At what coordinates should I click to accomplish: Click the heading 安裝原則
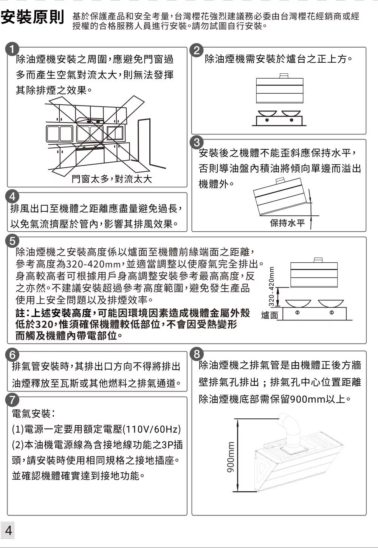pos(32,17)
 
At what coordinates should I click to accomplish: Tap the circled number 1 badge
pos(12,50)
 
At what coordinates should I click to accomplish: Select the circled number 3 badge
pos(197,142)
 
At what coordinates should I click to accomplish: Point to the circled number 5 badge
pos(12,241)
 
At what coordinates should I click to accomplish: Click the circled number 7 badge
pos(12,401)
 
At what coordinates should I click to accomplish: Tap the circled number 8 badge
pos(197,354)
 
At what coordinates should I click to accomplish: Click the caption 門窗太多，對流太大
pos(112,179)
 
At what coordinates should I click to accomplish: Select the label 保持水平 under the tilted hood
pos(287,223)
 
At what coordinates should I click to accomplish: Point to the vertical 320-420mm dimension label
pos(271,286)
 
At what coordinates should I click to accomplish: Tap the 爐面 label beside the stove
pos(270,315)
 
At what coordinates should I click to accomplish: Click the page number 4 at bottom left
pos(8,530)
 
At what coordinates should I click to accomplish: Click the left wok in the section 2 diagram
pos(267,113)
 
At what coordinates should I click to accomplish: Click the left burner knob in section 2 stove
pos(267,120)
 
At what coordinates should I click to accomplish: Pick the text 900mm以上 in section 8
pos(318,399)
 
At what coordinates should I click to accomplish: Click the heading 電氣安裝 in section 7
pos(31,413)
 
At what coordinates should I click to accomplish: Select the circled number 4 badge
pos(12,197)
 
